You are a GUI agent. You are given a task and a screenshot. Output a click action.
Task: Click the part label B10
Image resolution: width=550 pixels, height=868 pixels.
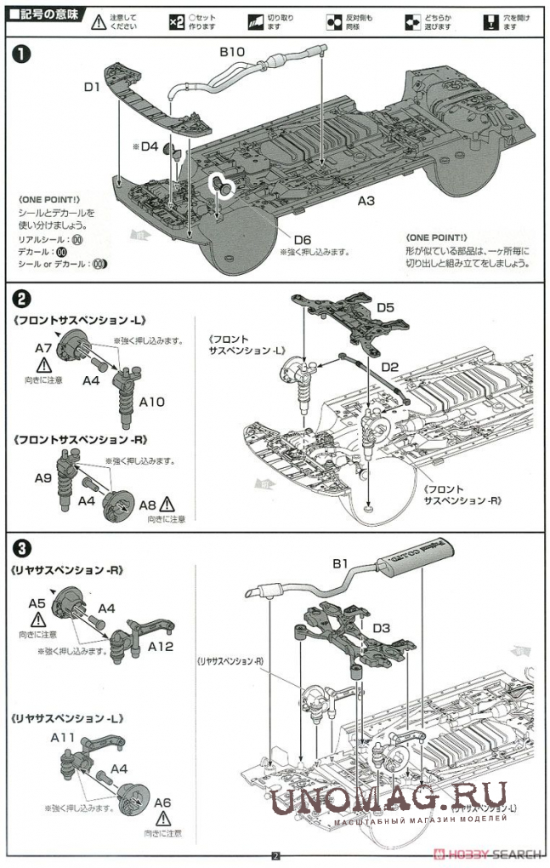(232, 51)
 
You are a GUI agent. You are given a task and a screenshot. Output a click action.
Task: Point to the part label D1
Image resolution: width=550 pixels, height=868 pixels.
(92, 86)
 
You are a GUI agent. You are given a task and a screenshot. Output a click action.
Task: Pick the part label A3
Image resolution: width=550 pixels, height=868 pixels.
(366, 202)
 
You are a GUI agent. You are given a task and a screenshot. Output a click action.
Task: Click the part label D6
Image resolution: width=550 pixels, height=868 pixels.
(303, 240)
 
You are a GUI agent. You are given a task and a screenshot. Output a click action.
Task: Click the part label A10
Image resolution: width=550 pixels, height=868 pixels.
(151, 402)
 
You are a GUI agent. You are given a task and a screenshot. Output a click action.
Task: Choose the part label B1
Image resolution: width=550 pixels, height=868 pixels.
(341, 563)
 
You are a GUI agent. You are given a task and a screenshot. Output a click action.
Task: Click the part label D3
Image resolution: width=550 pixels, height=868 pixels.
(381, 628)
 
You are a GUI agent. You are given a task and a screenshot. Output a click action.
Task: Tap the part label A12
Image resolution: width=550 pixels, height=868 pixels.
(160, 646)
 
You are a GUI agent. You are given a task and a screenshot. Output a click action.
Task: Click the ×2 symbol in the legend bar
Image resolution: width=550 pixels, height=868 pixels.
(176, 21)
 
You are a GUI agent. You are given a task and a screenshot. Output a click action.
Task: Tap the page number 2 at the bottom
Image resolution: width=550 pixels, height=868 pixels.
(275, 856)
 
